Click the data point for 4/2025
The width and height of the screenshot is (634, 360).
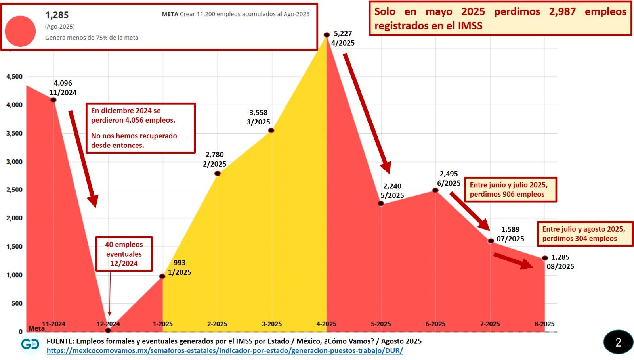pos(327,35)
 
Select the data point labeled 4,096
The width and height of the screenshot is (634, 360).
pos(53,100)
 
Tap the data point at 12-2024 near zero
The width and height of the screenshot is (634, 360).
pos(108,330)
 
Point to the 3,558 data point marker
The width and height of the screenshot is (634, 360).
pos(271,130)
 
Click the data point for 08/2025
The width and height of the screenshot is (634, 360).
pos(545,258)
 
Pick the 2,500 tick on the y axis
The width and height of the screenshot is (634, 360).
pos(14,190)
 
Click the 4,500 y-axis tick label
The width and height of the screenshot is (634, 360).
pos(14,77)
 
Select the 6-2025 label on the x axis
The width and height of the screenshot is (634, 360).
pos(435,324)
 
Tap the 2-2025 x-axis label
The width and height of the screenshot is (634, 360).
pos(217,324)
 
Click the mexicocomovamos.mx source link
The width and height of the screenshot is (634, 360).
pos(225,350)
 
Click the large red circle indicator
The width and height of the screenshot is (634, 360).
pos(21,31)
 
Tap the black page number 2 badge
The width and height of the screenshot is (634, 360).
pos(618,342)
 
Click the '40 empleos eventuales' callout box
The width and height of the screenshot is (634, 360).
pos(124,254)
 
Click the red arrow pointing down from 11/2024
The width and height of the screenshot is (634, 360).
pos(83,159)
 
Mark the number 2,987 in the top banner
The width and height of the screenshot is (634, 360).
pos(562,11)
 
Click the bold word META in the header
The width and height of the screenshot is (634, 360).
pos(170,14)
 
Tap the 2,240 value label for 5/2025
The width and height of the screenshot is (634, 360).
pos(392,186)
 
